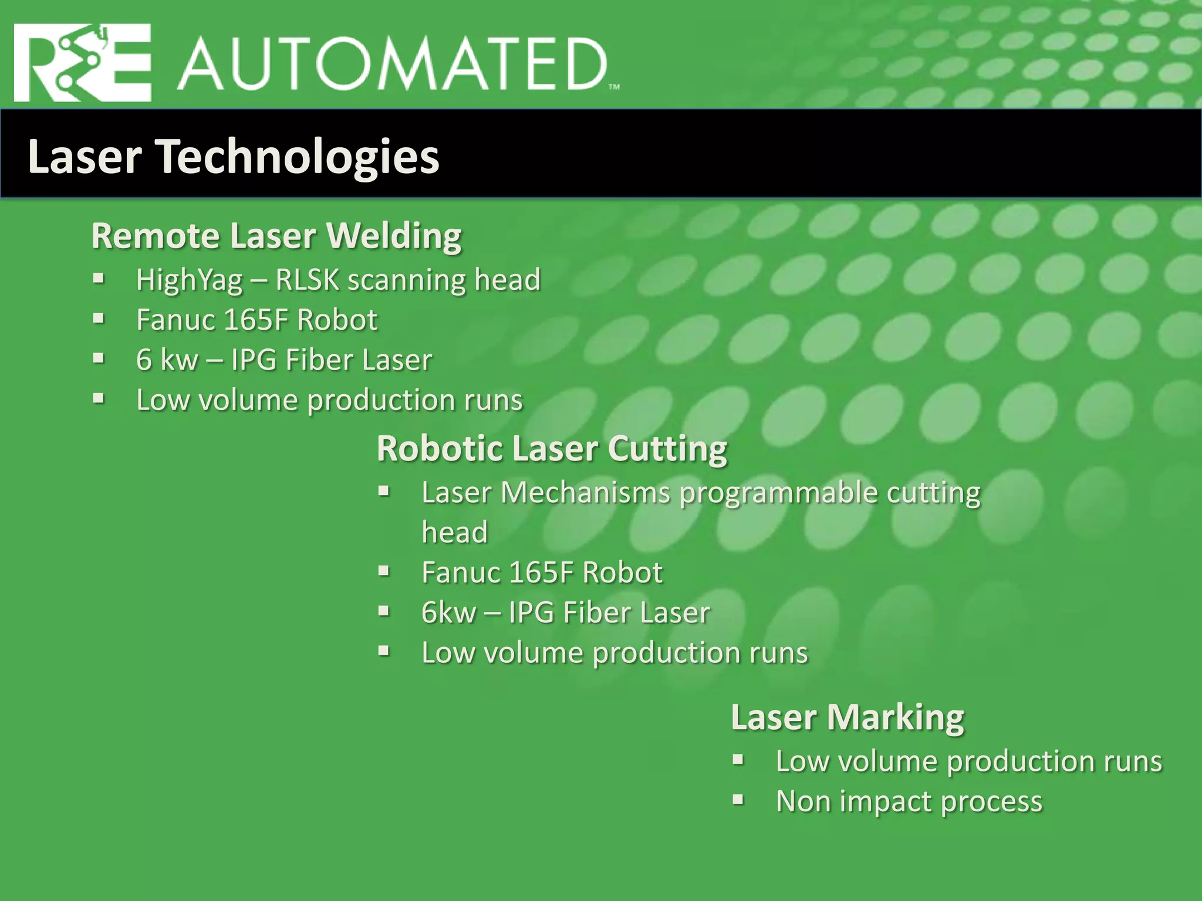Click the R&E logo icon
(82, 63)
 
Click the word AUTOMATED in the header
(392, 65)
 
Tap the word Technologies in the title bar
(299, 157)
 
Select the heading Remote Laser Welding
(276, 236)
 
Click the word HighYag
(189, 280)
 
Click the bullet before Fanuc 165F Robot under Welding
(99, 319)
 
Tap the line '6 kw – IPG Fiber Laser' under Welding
(284, 360)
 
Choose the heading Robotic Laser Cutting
(552, 449)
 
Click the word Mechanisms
(585, 492)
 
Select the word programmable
(778, 493)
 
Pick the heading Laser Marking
(848, 717)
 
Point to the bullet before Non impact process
(738, 800)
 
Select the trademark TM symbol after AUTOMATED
(614, 87)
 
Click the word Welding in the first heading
(394, 236)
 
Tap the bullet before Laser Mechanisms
(384, 490)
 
